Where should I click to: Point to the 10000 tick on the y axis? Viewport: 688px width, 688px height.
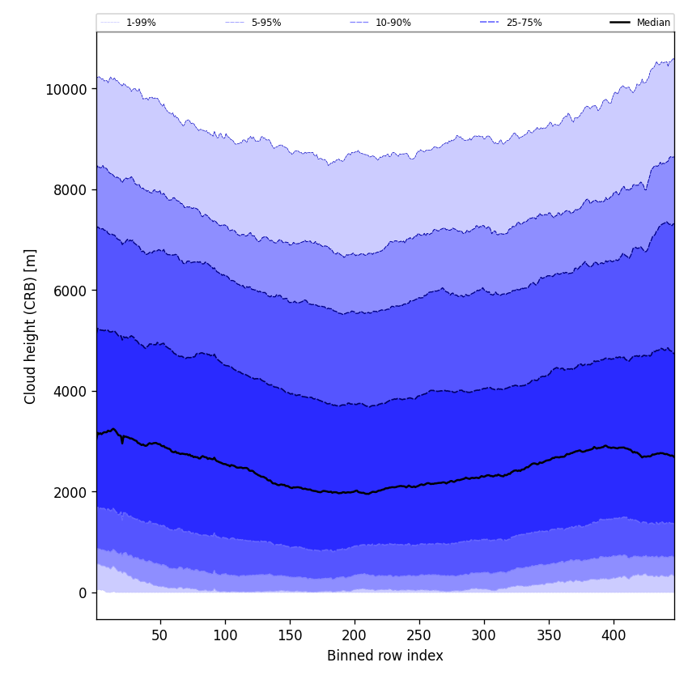pyautogui.click(x=66, y=89)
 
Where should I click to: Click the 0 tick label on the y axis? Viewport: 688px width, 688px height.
pyautogui.click(x=83, y=593)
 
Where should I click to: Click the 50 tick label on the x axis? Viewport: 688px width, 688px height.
pyautogui.click(x=160, y=635)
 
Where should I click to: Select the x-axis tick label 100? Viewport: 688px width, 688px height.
pyautogui.click(x=225, y=635)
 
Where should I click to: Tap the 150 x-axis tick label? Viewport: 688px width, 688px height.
pyautogui.click(x=290, y=635)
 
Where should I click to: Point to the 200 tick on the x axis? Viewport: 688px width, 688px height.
pyautogui.click(x=355, y=635)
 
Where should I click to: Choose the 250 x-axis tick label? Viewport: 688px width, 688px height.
pyautogui.click(x=419, y=635)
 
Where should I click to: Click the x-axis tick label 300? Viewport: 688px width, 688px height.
pyautogui.click(x=484, y=635)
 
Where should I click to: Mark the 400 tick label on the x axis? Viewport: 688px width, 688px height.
pyautogui.click(x=614, y=635)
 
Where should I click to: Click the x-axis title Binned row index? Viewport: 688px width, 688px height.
pyautogui.click(x=385, y=656)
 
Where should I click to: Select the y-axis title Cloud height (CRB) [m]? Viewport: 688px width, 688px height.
pyautogui.click(x=31, y=326)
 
